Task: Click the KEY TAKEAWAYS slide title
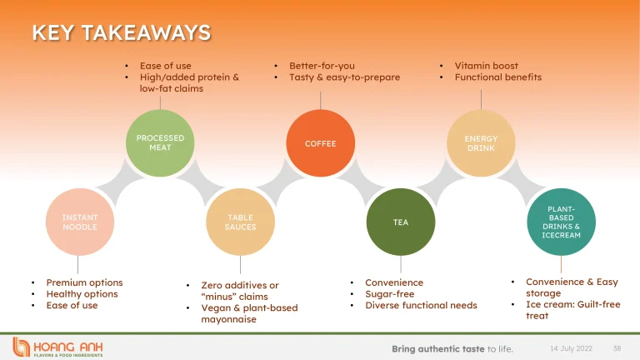(121, 32)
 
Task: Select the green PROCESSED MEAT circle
(160, 142)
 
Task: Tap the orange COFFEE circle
(320, 143)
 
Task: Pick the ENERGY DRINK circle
(481, 142)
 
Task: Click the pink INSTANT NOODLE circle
(80, 222)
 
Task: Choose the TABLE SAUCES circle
(240, 222)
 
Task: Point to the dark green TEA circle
(401, 222)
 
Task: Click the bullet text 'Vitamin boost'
(486, 66)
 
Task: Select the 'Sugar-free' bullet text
(389, 294)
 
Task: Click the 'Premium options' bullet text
(84, 282)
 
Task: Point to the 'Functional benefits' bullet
(497, 77)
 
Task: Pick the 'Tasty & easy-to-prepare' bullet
(344, 77)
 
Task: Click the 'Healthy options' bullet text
(82, 294)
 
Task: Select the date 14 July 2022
(569, 347)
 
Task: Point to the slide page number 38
(617, 347)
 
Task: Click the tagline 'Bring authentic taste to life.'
(452, 348)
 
